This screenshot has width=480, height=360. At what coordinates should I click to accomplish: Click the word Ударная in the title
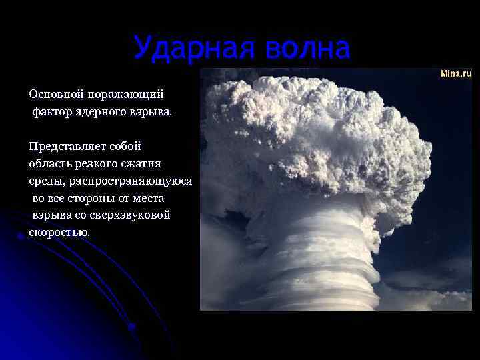coord(187,48)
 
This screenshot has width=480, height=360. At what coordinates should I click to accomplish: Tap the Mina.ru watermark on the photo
coord(455,73)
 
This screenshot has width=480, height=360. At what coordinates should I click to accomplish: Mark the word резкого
coord(100,163)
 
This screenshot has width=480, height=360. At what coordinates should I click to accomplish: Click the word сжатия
coord(149,163)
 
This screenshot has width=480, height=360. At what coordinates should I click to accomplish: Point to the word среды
coord(45,181)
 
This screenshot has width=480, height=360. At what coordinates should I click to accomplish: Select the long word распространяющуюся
coord(129,181)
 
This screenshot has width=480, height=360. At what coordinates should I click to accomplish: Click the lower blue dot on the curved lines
coord(131,327)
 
